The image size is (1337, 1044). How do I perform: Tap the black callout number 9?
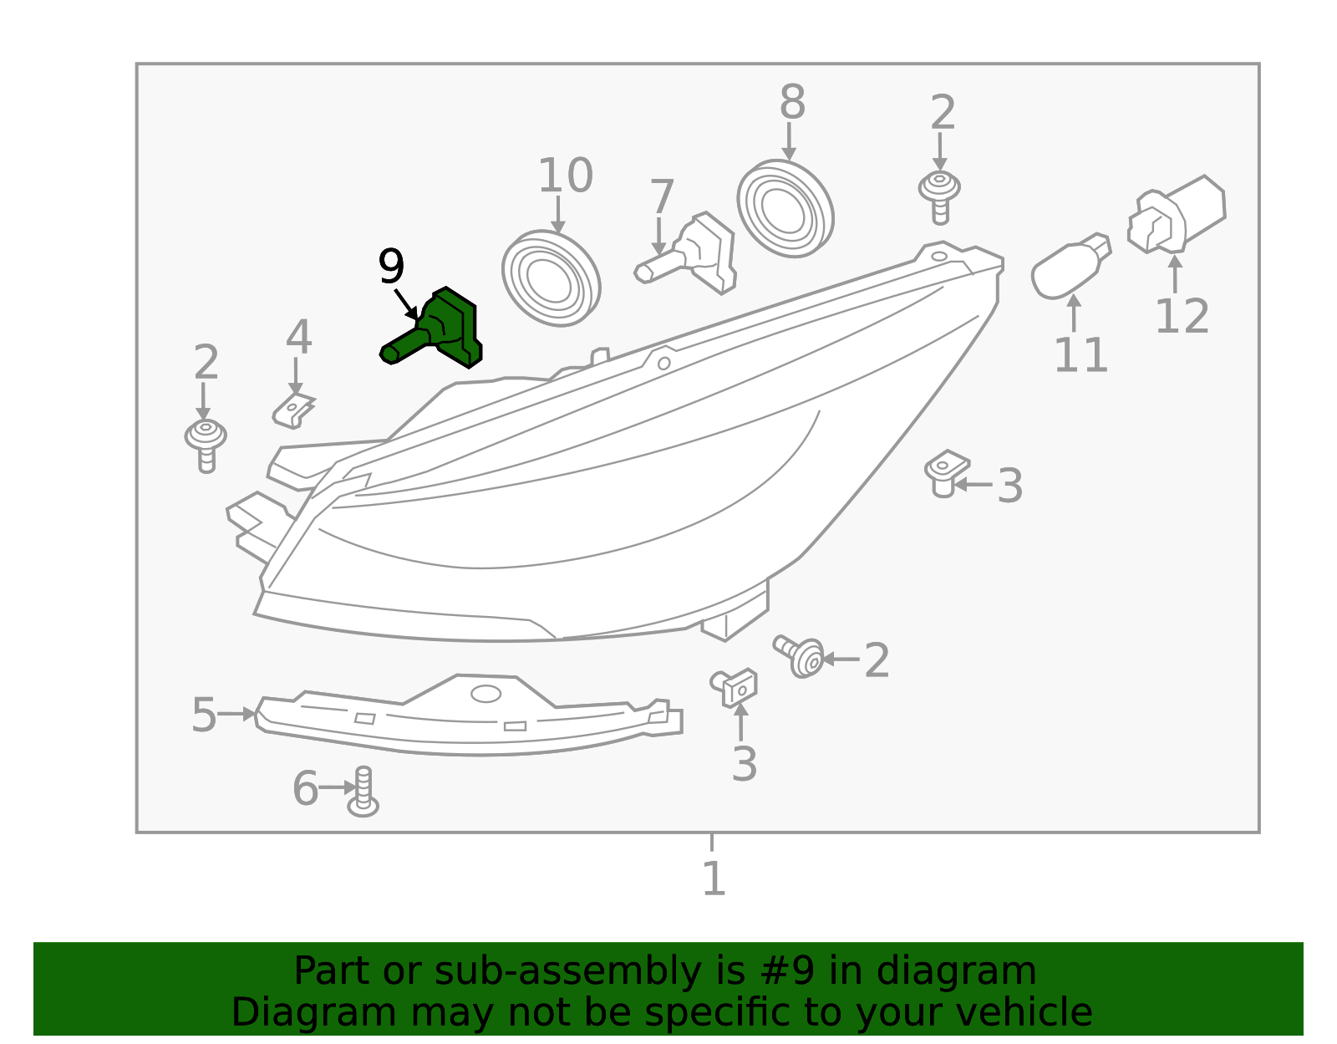pyautogui.click(x=391, y=267)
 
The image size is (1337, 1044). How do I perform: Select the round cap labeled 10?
pyautogui.click(x=552, y=278)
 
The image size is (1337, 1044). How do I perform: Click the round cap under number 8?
pyautogui.click(x=785, y=209)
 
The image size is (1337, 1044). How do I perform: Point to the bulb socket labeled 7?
pyautogui.click(x=694, y=252)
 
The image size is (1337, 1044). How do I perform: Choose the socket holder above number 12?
pyautogui.click(x=1177, y=215)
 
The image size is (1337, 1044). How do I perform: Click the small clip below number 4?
pyautogui.click(x=292, y=410)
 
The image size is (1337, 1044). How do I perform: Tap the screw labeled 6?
pyautogui.click(x=363, y=792)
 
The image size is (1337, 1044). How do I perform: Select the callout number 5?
pyautogui.click(x=203, y=716)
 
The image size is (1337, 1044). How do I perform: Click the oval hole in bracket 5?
pyautogui.click(x=485, y=694)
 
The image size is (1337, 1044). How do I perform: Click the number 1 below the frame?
pyautogui.click(x=713, y=879)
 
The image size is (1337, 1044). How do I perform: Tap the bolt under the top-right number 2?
pyautogui.click(x=940, y=196)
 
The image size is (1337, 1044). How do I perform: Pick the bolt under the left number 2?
pyautogui.click(x=206, y=445)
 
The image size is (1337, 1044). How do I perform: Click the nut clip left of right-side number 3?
pyautogui.click(x=946, y=473)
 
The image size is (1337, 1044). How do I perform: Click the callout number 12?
pyautogui.click(x=1182, y=317)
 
